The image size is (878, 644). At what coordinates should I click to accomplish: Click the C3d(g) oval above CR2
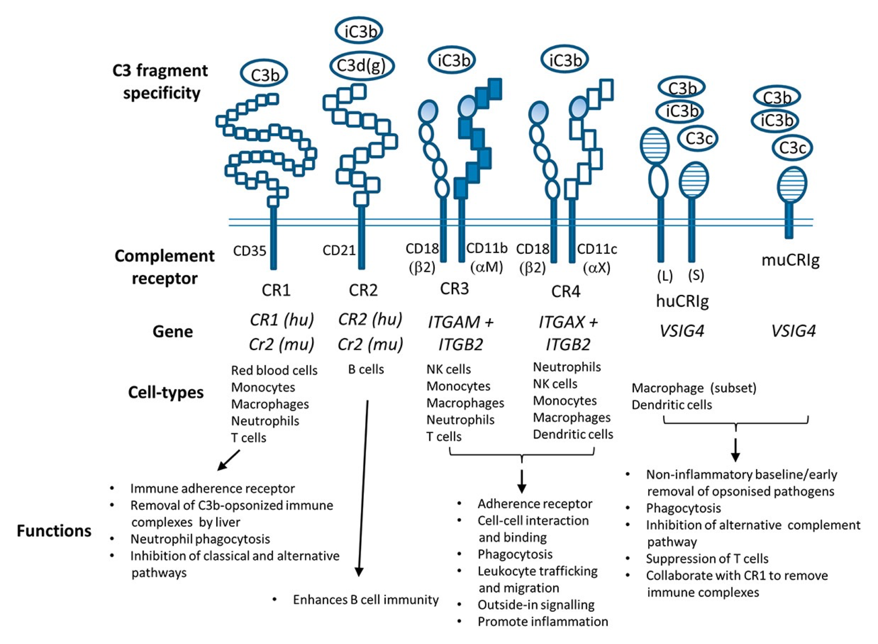click(361, 66)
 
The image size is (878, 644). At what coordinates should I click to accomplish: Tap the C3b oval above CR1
click(264, 74)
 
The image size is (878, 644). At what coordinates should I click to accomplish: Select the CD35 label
click(250, 251)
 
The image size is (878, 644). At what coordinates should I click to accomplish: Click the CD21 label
click(339, 250)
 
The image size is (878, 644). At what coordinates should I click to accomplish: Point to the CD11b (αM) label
click(487, 257)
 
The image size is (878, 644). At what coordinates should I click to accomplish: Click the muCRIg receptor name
click(790, 259)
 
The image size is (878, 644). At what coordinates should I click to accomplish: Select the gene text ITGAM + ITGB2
click(461, 333)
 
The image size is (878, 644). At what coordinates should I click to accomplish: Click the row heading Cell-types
click(166, 392)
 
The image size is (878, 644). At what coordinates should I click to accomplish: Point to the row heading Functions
click(54, 531)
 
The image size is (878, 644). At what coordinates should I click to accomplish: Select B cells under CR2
click(366, 369)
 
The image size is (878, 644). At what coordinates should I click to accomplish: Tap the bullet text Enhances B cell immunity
click(365, 599)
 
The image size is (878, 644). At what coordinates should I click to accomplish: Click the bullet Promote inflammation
click(543, 622)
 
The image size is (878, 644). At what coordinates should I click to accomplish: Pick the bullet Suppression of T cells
click(707, 558)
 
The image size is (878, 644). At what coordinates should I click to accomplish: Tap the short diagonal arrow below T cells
click(229, 460)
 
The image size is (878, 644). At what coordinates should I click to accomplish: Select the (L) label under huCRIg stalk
click(665, 276)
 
